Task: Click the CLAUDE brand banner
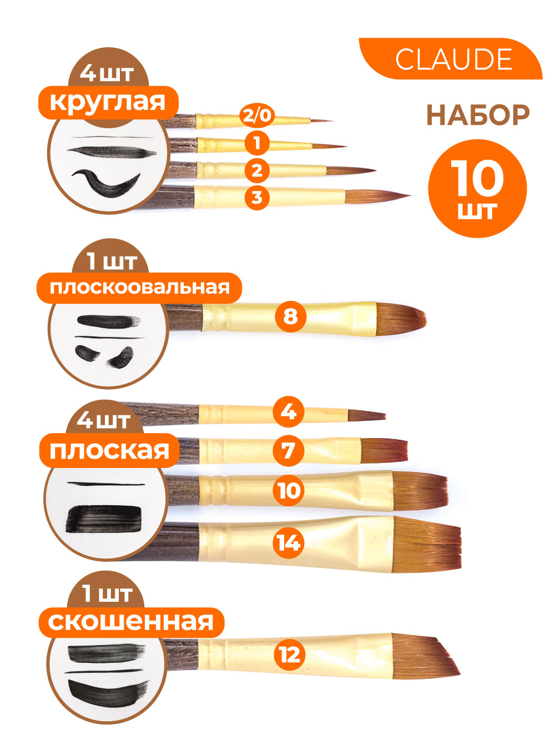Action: [x=450, y=59]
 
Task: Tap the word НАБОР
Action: [x=478, y=115]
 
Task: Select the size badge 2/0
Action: [x=257, y=115]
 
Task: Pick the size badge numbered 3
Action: [x=257, y=197]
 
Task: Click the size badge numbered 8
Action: [x=290, y=316]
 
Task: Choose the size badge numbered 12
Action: [x=290, y=655]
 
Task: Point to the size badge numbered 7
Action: [x=289, y=451]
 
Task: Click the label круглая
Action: [x=108, y=103]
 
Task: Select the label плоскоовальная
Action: [x=139, y=288]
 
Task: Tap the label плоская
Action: [x=109, y=450]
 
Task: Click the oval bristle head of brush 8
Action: [x=401, y=318]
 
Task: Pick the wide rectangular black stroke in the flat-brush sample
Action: [x=103, y=520]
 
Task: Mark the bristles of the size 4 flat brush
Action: [x=367, y=416]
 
